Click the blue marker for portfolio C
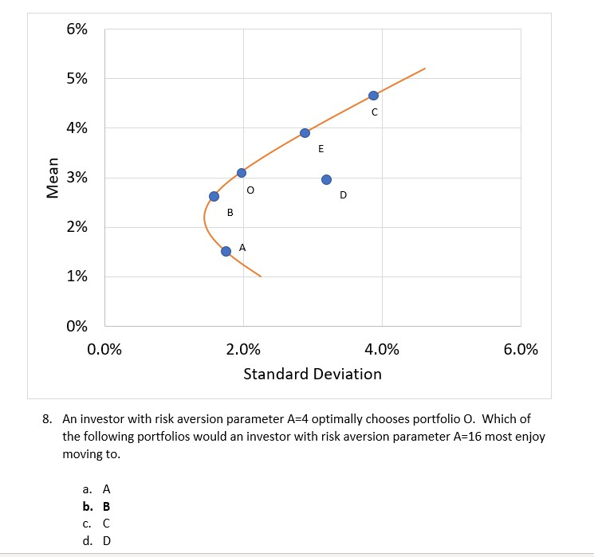click(373, 96)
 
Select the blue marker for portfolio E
click(305, 133)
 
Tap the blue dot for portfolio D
click(326, 179)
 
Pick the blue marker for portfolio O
click(242, 173)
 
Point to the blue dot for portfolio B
click(214, 196)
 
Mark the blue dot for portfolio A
click(226, 251)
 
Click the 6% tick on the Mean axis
click(77, 29)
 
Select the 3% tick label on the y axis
click(77, 178)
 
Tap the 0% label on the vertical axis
click(77, 326)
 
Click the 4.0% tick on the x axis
click(383, 350)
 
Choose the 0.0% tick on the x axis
click(104, 350)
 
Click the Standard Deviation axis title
click(313, 374)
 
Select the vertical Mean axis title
click(53, 178)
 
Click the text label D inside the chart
click(344, 195)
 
